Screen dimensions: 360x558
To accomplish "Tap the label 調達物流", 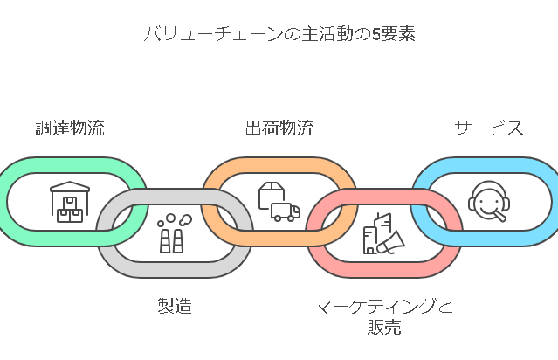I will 70,128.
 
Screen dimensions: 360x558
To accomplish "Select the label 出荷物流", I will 279,128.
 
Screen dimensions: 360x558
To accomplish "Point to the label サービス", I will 489,128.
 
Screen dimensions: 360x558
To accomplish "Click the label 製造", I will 175,306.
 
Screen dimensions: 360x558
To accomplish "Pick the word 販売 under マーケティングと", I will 384,328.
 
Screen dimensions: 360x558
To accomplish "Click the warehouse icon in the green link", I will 70,202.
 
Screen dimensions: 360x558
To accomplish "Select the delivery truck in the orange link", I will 285,211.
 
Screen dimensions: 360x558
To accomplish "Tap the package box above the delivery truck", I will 271,194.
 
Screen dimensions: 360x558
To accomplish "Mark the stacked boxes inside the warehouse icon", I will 70,210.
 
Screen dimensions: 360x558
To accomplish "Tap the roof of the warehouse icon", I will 70,187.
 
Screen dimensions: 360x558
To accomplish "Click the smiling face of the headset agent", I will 486,200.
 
